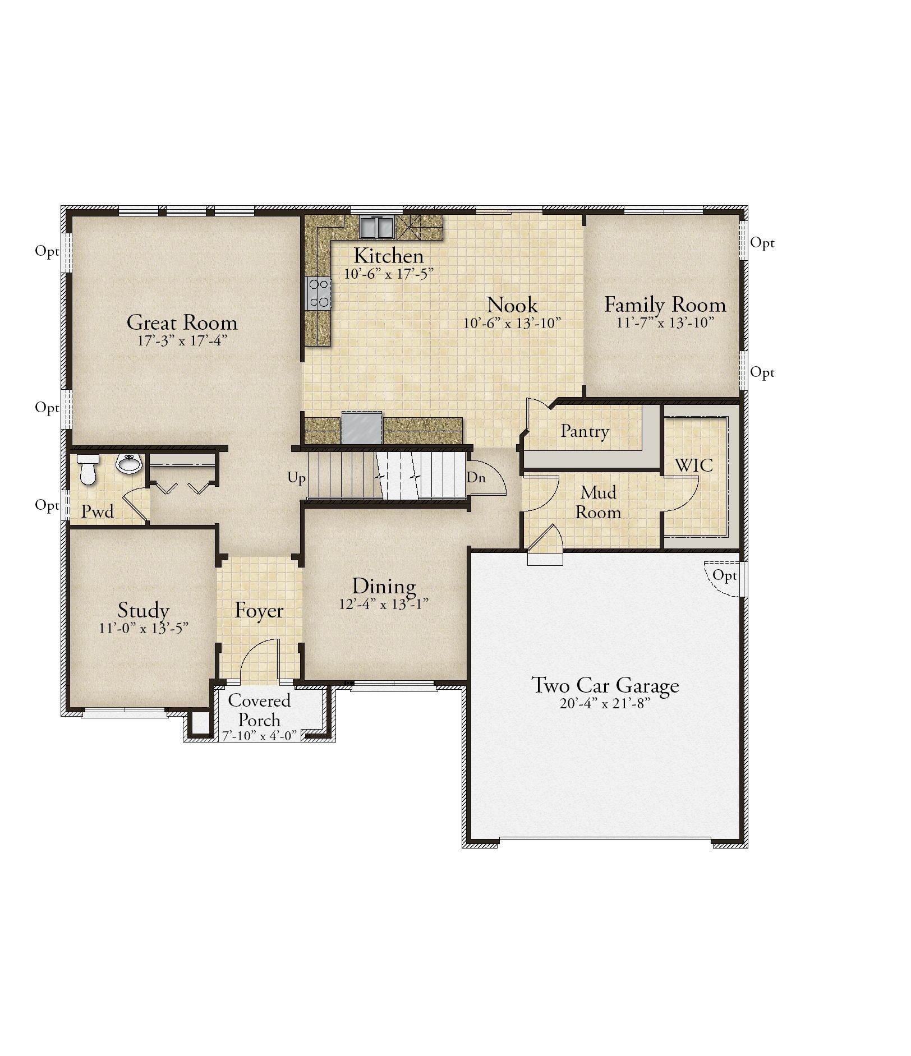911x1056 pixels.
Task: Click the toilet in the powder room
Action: point(88,469)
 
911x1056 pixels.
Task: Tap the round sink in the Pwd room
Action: point(129,464)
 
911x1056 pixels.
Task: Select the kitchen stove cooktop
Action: point(319,293)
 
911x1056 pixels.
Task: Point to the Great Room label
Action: point(182,322)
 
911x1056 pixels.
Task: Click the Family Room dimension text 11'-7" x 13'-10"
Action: point(665,323)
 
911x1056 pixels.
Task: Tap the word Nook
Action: point(512,305)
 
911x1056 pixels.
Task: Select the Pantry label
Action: point(585,431)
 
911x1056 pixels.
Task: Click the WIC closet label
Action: point(694,465)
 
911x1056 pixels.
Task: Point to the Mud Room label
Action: point(598,502)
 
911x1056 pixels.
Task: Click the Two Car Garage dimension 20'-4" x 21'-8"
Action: point(605,703)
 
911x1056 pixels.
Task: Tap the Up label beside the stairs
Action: point(297,478)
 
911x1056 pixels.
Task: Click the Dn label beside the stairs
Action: point(476,478)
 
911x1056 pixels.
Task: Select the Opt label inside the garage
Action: point(725,575)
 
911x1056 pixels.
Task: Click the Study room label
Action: point(144,610)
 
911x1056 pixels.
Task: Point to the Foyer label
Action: point(259,610)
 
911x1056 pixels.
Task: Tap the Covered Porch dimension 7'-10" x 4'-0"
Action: point(259,735)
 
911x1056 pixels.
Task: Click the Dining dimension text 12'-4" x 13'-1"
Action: point(384,604)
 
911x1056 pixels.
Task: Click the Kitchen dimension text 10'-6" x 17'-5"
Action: point(389,274)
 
